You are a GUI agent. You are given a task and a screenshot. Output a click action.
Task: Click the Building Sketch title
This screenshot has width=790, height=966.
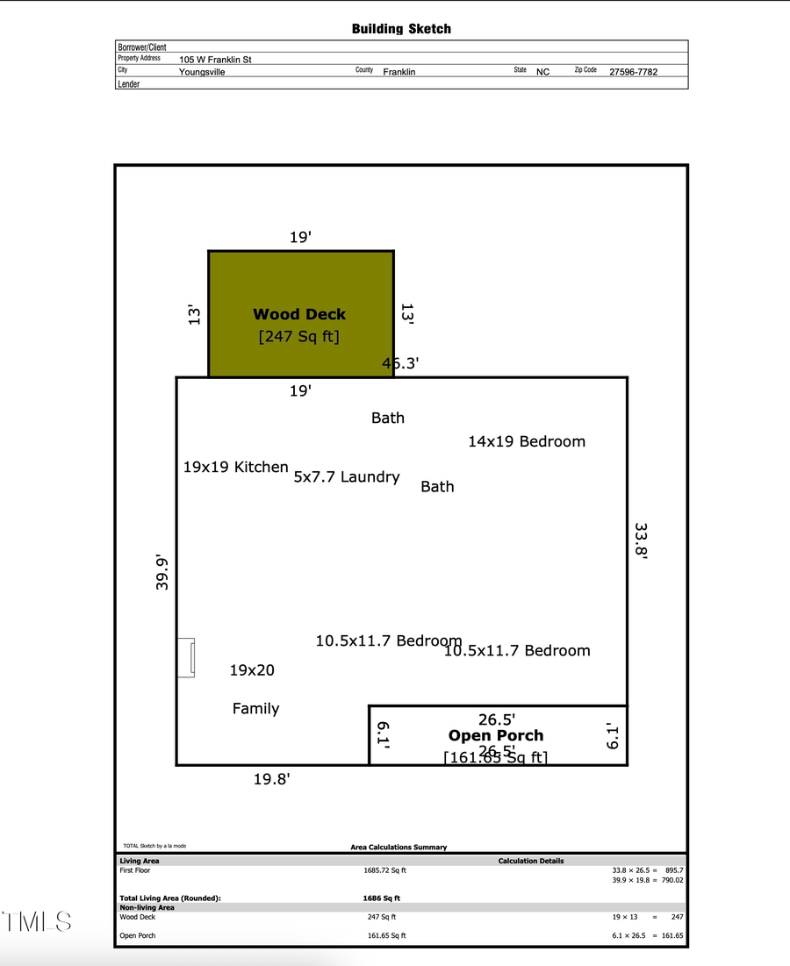(x=401, y=29)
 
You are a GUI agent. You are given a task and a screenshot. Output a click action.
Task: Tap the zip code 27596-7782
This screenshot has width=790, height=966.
(x=633, y=72)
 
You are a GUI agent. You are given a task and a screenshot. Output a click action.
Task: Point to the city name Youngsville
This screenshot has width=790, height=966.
(x=202, y=72)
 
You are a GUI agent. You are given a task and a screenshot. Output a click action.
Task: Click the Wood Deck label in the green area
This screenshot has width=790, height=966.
(x=299, y=314)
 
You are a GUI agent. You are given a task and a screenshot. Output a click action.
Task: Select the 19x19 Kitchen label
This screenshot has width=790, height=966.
(x=235, y=468)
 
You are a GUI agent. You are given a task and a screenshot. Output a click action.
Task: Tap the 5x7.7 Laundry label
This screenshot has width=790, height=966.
(x=347, y=477)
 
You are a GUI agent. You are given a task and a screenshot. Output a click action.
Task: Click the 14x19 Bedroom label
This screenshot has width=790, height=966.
(x=526, y=441)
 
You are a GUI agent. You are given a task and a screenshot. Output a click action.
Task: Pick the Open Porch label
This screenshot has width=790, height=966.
(x=496, y=735)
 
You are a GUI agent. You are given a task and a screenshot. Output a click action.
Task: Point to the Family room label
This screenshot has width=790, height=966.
(x=255, y=709)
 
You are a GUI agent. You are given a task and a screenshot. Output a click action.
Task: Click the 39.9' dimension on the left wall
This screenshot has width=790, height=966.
(x=162, y=571)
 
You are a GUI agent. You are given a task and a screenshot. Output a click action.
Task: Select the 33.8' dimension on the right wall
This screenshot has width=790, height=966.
(x=641, y=541)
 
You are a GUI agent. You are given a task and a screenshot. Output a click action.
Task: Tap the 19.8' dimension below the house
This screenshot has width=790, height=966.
(x=271, y=778)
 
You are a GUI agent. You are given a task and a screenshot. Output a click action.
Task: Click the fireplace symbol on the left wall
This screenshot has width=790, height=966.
(x=186, y=657)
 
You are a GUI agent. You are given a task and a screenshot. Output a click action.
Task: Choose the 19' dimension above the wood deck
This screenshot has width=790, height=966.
(x=300, y=238)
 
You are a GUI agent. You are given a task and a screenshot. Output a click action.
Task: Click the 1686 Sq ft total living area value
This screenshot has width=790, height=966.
(x=381, y=898)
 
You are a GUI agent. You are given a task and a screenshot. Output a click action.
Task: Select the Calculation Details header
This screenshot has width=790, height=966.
(x=531, y=861)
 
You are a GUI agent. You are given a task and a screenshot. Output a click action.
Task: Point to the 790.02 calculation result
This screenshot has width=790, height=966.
(x=671, y=880)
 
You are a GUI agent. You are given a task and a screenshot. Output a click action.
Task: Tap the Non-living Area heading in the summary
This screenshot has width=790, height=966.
(x=147, y=907)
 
